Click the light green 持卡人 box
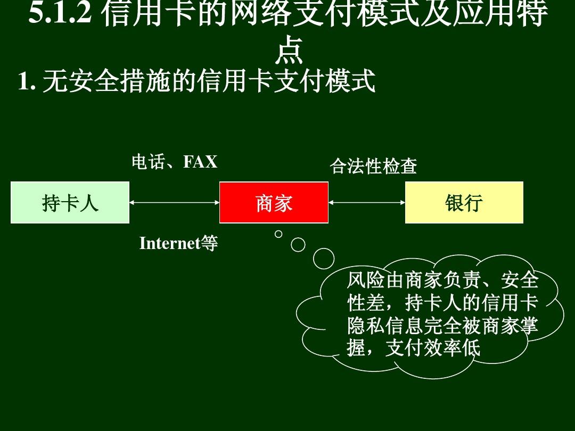(x=70, y=202)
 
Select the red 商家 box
(x=274, y=202)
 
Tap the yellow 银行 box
(x=464, y=202)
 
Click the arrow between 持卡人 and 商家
(x=174, y=202)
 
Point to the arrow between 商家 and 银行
(x=367, y=202)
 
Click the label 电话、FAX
(x=175, y=162)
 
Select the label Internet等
(x=178, y=243)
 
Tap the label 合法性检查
(x=373, y=166)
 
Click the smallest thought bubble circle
(x=278, y=234)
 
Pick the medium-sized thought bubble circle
(x=298, y=244)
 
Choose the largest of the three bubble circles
(x=324, y=259)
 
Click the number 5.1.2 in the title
(x=60, y=13)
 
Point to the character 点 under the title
(x=289, y=51)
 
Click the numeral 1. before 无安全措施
(x=27, y=81)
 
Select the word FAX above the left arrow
(x=200, y=162)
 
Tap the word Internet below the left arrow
(x=170, y=243)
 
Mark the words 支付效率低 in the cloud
(x=433, y=348)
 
